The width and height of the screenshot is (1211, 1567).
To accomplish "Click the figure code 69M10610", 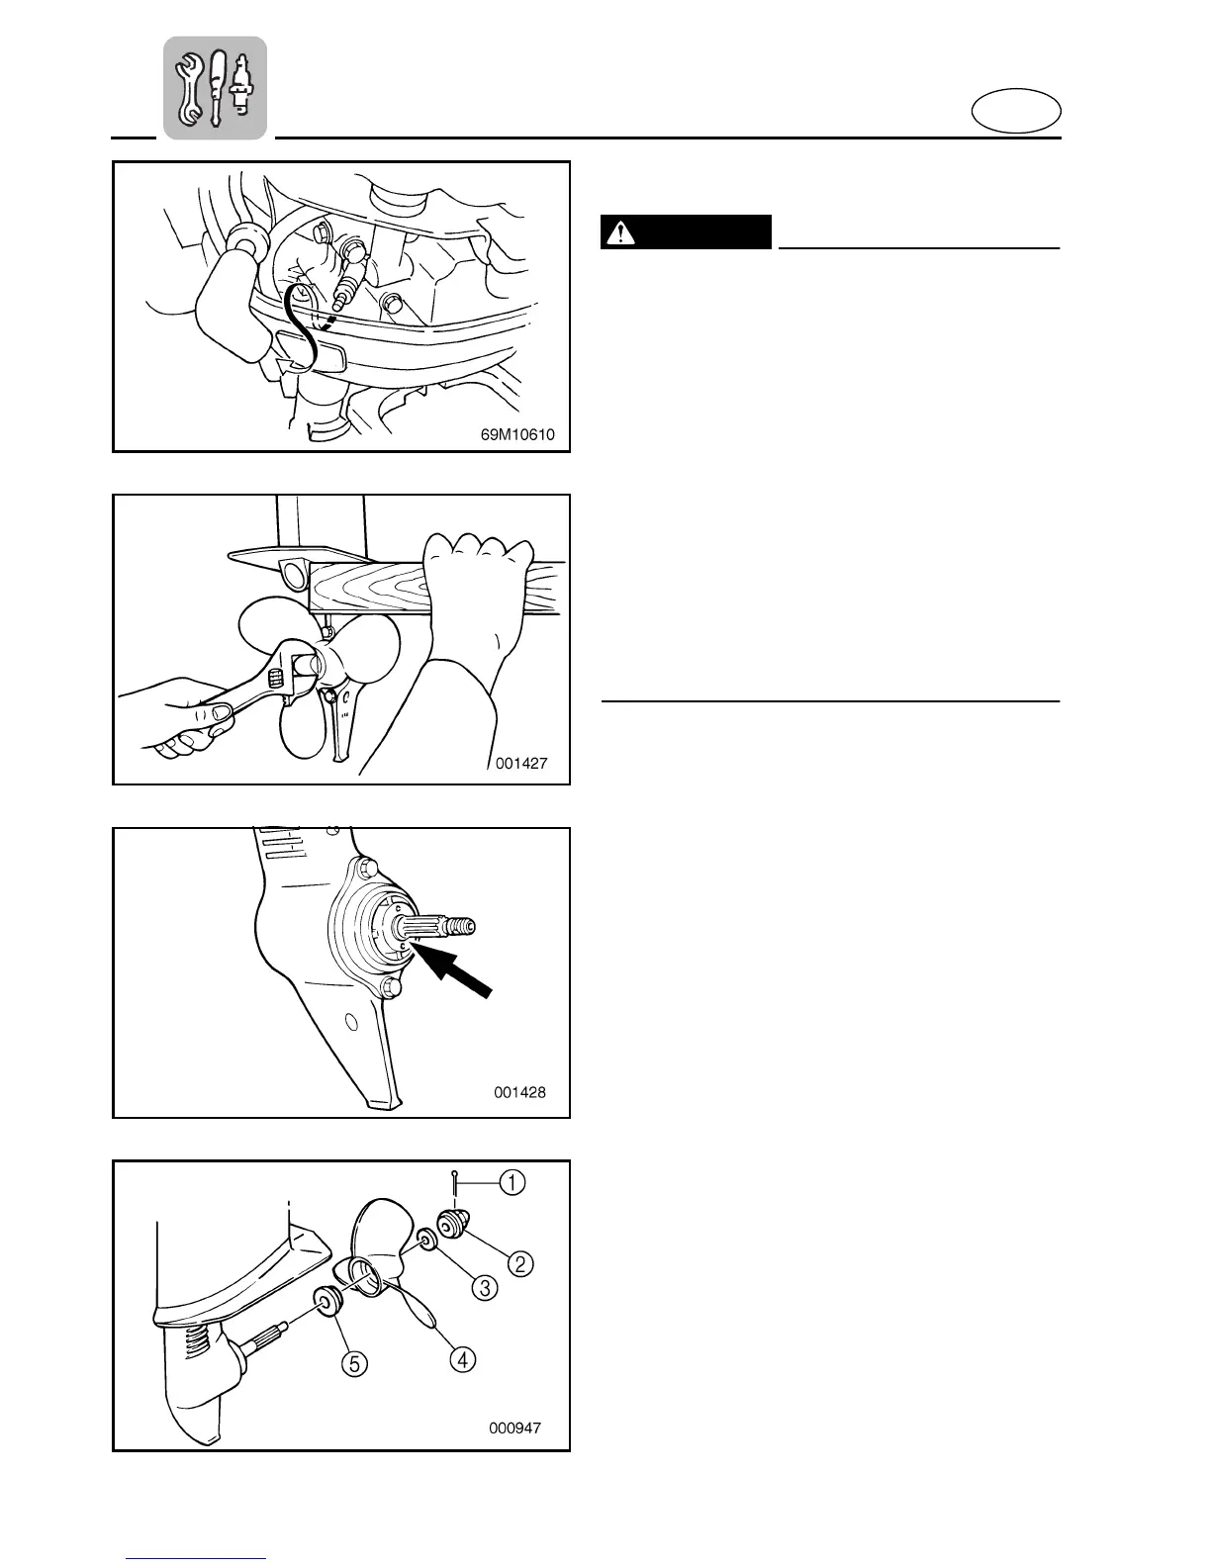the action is click(x=511, y=433).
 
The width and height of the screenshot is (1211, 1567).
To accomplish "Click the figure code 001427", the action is click(x=521, y=763).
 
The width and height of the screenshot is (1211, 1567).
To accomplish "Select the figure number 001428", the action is click(x=519, y=1092).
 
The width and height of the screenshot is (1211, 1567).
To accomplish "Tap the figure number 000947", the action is click(x=514, y=1428).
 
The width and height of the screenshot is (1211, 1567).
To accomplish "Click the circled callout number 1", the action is click(x=512, y=1182).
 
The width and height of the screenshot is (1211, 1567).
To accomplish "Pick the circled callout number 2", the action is click(x=520, y=1263).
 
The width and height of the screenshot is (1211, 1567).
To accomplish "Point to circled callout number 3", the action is click(x=484, y=1287).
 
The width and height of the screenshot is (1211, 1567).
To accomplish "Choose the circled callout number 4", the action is click(x=461, y=1359).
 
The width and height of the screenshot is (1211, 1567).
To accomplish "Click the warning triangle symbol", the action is click(x=620, y=232).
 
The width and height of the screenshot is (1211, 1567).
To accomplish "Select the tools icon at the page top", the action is click(x=215, y=87).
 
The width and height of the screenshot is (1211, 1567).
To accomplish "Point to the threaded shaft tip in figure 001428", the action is click(x=462, y=926).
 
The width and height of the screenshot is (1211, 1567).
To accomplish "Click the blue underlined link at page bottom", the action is click(x=196, y=1558).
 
